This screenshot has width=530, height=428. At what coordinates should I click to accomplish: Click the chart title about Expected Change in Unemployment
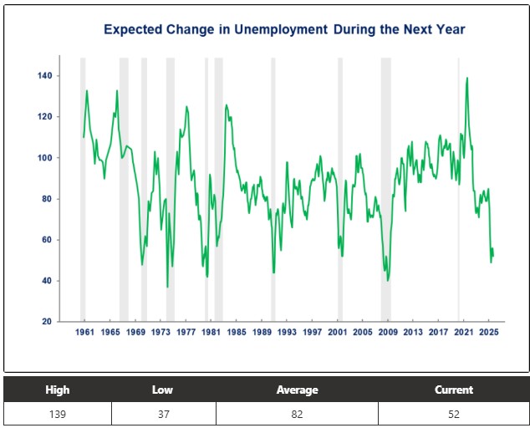pyautogui.click(x=284, y=29)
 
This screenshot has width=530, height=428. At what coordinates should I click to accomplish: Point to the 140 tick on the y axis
pyautogui.click(x=44, y=76)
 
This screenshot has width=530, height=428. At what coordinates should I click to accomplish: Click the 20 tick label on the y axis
pyautogui.click(x=46, y=322)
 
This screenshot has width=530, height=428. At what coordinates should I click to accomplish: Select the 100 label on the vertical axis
pyautogui.click(x=44, y=158)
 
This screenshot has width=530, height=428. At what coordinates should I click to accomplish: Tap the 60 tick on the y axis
pyautogui.click(x=46, y=240)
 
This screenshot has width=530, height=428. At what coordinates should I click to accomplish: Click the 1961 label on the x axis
pyautogui.click(x=84, y=332)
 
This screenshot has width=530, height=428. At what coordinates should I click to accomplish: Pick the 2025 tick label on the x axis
pyautogui.click(x=489, y=332)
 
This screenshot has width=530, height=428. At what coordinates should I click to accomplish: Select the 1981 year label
pyautogui.click(x=211, y=332)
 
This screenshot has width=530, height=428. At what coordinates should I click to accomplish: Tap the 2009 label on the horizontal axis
pyautogui.click(x=388, y=332)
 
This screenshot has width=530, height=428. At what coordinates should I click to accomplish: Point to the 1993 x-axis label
pyautogui.click(x=287, y=332)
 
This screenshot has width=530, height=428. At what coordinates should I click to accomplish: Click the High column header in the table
pyautogui.click(x=58, y=390)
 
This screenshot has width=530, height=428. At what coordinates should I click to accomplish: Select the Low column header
pyautogui.click(x=163, y=390)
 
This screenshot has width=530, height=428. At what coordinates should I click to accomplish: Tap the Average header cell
pyautogui.click(x=297, y=390)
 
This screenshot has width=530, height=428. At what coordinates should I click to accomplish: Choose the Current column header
pyautogui.click(x=453, y=390)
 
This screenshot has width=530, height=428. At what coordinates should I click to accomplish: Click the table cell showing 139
pyautogui.click(x=58, y=414)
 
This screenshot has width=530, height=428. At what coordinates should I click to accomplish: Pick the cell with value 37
pyautogui.click(x=163, y=414)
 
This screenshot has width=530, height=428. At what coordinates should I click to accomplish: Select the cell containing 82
pyautogui.click(x=297, y=414)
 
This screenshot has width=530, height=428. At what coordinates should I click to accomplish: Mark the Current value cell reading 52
pyautogui.click(x=453, y=414)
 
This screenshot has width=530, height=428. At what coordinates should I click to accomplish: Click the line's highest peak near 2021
pyautogui.click(x=466, y=78)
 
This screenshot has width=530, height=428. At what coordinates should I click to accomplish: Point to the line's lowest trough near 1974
pyautogui.click(x=167, y=287)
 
